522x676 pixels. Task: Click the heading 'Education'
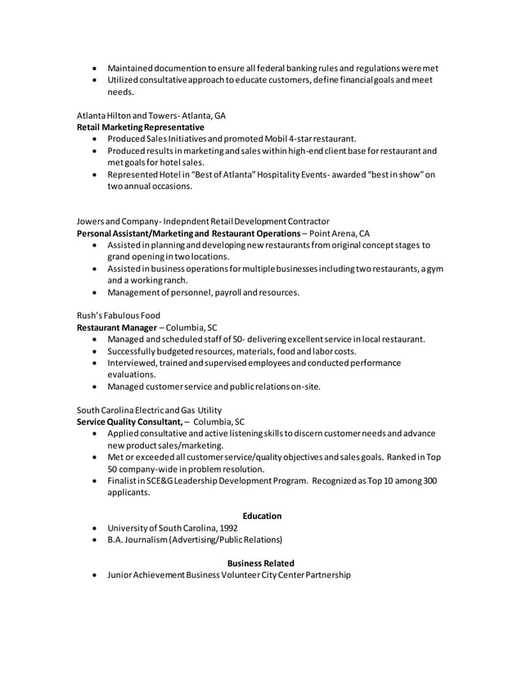point(262,516)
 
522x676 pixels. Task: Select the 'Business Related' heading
point(261,563)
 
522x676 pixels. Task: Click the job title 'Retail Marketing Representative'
point(141,128)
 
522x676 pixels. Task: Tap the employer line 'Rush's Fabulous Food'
point(119,315)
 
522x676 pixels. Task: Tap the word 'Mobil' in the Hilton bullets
point(254,139)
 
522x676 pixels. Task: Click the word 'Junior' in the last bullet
point(120,575)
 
